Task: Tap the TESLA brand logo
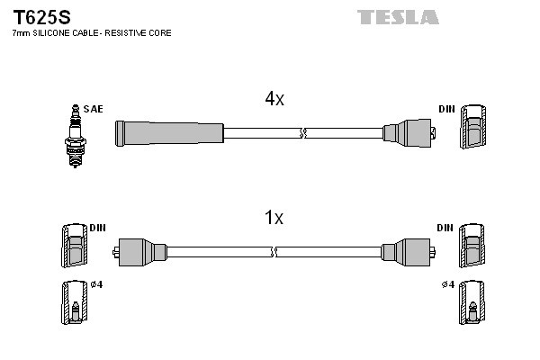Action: coord(398,17)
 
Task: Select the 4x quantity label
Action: coord(274,100)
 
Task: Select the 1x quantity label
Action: coord(274,218)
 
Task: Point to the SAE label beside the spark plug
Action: coord(93,109)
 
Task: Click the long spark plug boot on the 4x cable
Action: coord(168,133)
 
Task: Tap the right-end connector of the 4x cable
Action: coord(409,134)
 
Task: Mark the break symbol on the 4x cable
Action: coord(302,133)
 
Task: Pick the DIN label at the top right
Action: coord(446,109)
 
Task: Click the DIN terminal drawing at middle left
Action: coord(72,245)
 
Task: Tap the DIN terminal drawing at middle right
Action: coord(472,245)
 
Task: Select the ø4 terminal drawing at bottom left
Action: coord(72,304)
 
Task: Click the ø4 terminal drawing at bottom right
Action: coord(472,304)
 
